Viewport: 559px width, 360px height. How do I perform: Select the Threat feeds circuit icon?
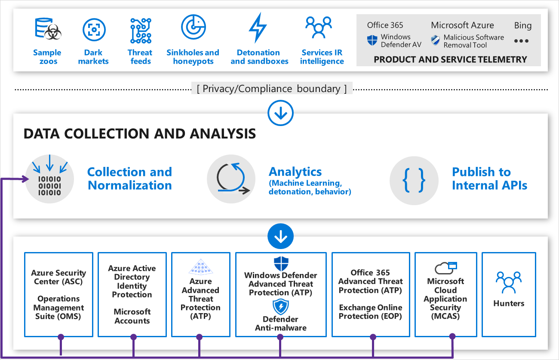pos(141,30)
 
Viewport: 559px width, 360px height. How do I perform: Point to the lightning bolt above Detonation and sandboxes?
pos(258,28)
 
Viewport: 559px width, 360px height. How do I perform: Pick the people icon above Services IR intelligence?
pos(319,28)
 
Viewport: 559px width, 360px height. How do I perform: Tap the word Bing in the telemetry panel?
pos(523,25)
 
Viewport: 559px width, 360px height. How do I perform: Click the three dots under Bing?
pos(521,41)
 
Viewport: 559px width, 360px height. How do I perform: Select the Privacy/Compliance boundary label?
pos(272,89)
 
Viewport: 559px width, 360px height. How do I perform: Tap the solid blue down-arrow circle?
pos(280,236)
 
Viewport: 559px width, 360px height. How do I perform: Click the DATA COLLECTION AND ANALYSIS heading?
pos(140,134)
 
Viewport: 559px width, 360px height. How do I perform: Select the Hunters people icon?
pos(509,283)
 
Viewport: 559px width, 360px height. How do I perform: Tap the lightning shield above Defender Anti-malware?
pos(281,307)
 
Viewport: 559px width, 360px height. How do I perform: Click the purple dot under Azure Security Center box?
pos(61,337)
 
